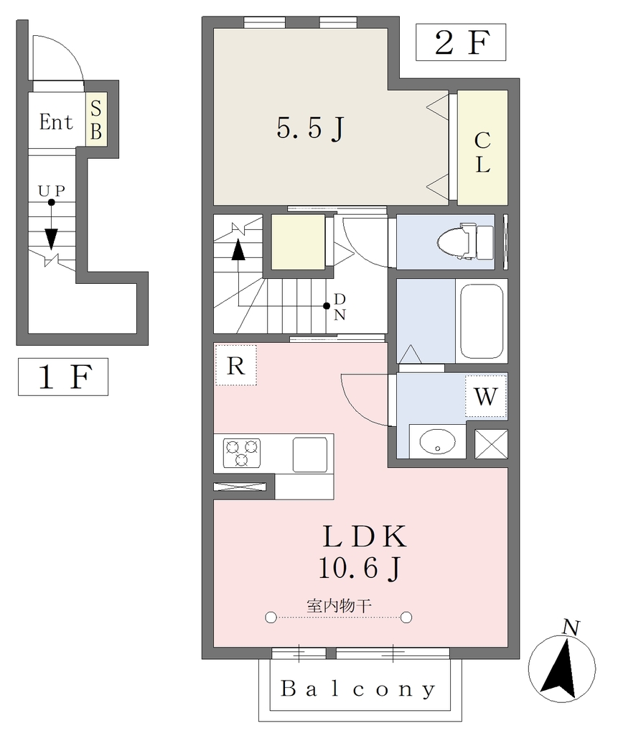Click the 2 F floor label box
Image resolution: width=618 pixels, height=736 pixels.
tap(461, 42)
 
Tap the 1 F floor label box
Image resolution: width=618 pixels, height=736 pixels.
tap(63, 377)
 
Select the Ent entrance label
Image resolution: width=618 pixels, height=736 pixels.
tap(56, 122)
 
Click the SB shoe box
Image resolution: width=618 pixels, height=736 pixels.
tap(96, 119)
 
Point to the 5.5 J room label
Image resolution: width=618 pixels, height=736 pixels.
tap(310, 128)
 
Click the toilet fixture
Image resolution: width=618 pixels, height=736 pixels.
tap(465, 241)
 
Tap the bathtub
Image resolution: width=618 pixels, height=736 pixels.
tap(482, 321)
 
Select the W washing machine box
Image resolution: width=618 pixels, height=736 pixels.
tap(486, 396)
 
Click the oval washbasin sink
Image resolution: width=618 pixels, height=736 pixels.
tap(437, 442)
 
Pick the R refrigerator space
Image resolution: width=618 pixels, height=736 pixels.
tap(236, 365)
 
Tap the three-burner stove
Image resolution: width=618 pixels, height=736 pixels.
tap(241, 453)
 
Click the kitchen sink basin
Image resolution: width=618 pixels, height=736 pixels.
tap(310, 454)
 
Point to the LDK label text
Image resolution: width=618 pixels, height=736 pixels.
tap(365, 536)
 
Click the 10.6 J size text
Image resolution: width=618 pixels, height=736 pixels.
tap(360, 568)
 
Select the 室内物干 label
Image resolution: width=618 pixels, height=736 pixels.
tap(339, 606)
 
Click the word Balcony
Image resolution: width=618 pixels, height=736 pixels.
tap(357, 689)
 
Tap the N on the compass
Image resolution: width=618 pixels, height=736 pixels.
tap(571, 627)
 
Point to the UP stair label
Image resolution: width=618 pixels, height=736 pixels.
tap(51, 190)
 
